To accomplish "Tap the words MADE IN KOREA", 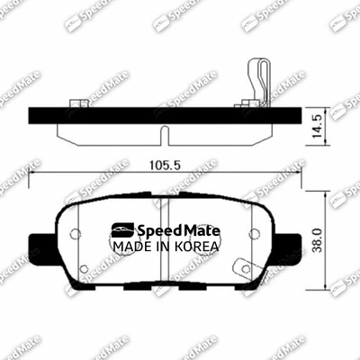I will (x=163, y=246).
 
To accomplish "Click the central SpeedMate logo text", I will (x=163, y=229).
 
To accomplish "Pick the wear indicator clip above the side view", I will (x=256, y=84).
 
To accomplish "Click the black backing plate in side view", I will (x=162, y=115).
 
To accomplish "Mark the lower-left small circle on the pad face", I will (x=84, y=268).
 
